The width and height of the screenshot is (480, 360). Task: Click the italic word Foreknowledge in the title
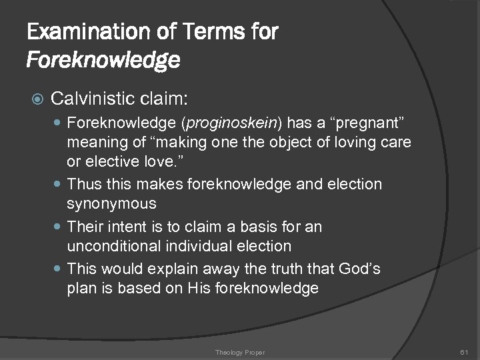tap(103, 61)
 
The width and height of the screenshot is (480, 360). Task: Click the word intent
tap(129, 227)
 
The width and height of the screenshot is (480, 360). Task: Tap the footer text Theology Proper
tap(239, 351)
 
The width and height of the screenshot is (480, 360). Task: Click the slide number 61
tap(464, 351)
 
